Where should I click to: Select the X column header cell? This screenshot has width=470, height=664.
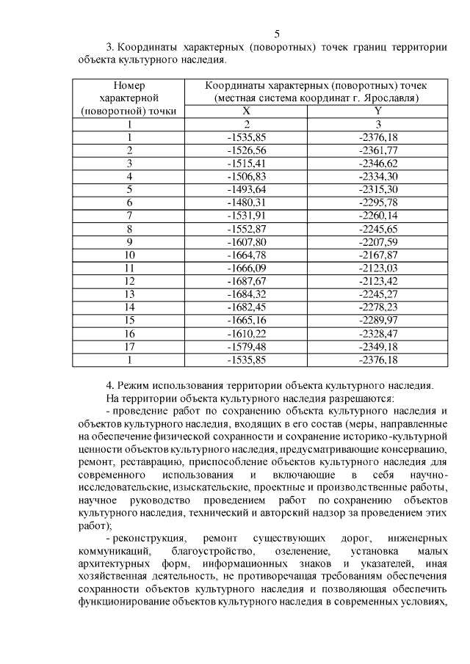pos(246,111)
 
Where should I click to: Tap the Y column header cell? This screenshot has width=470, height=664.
pos(377,111)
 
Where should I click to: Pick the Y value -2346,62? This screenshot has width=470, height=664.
pos(377,163)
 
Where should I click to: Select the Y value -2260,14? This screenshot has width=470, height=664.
pos(377,215)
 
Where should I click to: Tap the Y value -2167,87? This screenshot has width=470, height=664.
pos(377,255)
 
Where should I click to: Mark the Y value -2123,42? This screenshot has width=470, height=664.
pos(377,281)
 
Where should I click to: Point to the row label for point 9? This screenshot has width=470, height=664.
pos(129,241)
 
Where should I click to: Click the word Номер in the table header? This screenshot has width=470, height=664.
pos(129,84)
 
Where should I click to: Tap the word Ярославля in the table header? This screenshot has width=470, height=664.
pos(392,98)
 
